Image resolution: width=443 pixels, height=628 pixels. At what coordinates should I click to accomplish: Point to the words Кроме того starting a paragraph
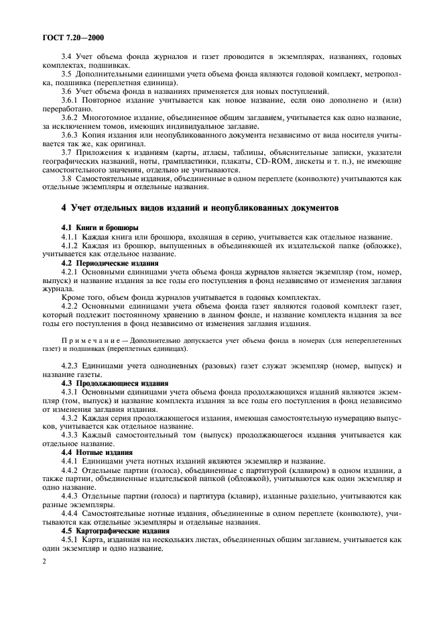(82, 298)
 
